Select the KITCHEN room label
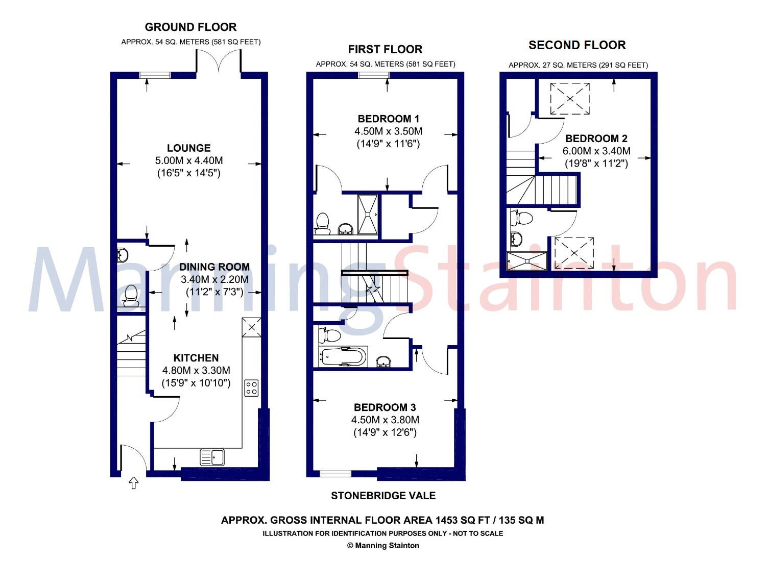pyautogui.click(x=196, y=357)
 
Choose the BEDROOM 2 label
pyautogui.click(x=596, y=138)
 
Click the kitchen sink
pyautogui.click(x=213, y=458)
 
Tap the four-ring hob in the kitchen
pyautogui.click(x=250, y=387)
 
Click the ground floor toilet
pyautogui.click(x=130, y=295)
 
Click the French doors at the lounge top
pyautogui.click(x=219, y=65)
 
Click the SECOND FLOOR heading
pyautogui.click(x=577, y=45)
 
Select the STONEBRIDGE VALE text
pyautogui.click(x=383, y=495)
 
